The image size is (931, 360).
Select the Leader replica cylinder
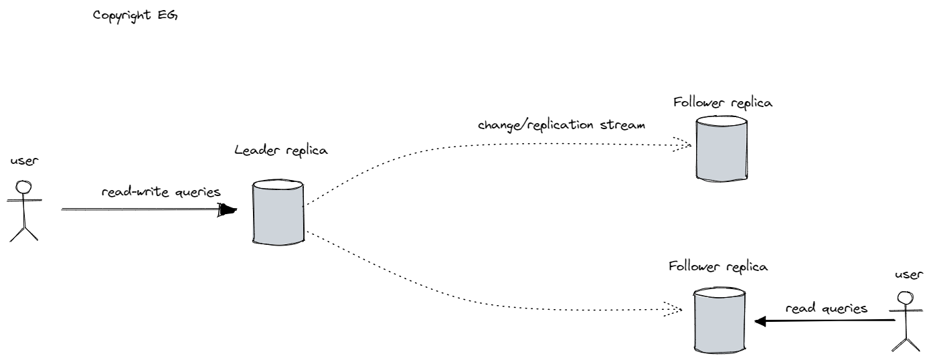(x=278, y=213)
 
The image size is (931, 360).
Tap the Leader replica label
(x=281, y=150)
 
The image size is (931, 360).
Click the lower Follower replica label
(x=717, y=266)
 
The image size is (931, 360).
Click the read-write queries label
(x=161, y=192)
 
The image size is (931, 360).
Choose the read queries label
(x=826, y=308)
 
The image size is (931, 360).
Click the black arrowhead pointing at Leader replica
(x=229, y=209)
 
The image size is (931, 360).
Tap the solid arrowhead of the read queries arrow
(x=760, y=322)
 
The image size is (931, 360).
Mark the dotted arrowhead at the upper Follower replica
(x=682, y=144)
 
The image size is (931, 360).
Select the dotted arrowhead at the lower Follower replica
(x=672, y=309)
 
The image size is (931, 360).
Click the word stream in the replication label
(x=624, y=124)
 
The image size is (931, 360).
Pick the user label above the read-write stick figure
(x=22, y=163)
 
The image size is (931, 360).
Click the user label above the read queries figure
(x=908, y=274)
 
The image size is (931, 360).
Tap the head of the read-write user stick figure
(x=24, y=187)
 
